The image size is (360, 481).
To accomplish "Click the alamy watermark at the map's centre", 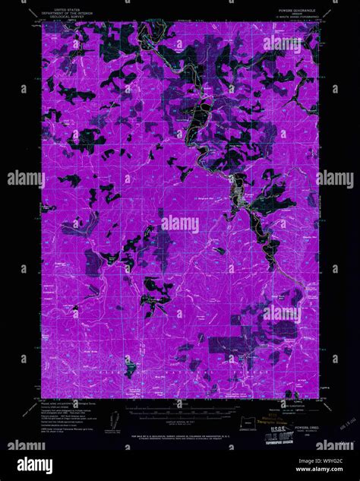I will point(179,225).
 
